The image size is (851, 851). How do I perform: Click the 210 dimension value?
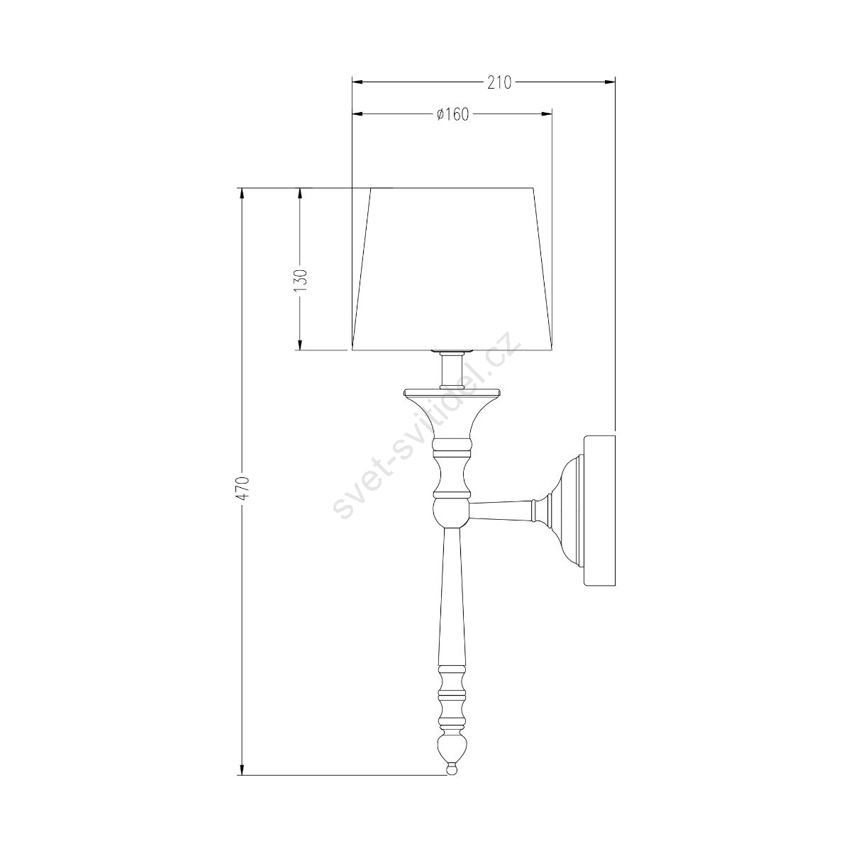click(499, 82)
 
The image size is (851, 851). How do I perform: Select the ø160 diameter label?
click(452, 115)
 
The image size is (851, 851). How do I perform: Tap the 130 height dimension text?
click(300, 280)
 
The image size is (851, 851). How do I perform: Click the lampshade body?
click(452, 269)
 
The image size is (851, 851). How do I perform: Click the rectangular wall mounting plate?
click(599, 511)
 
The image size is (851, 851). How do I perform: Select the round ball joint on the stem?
click(450, 513)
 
